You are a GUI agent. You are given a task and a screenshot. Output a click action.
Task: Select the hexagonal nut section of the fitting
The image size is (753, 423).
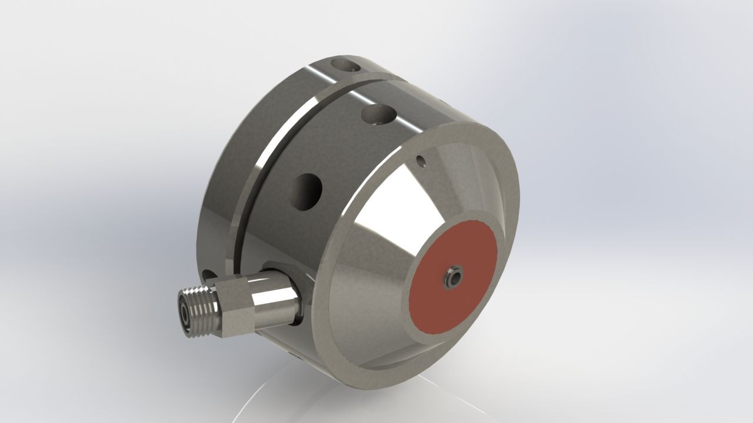point(235,305)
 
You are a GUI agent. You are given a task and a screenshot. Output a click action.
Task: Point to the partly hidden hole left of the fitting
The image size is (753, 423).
point(208,274)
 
